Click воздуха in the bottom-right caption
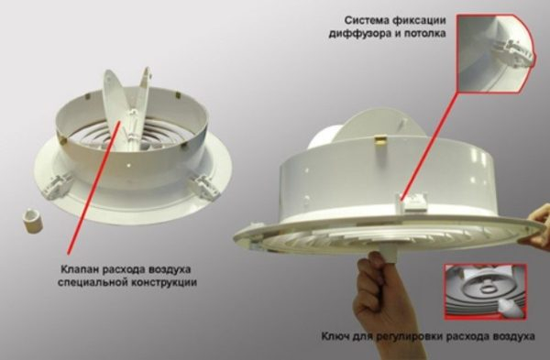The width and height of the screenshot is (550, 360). (515, 336)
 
